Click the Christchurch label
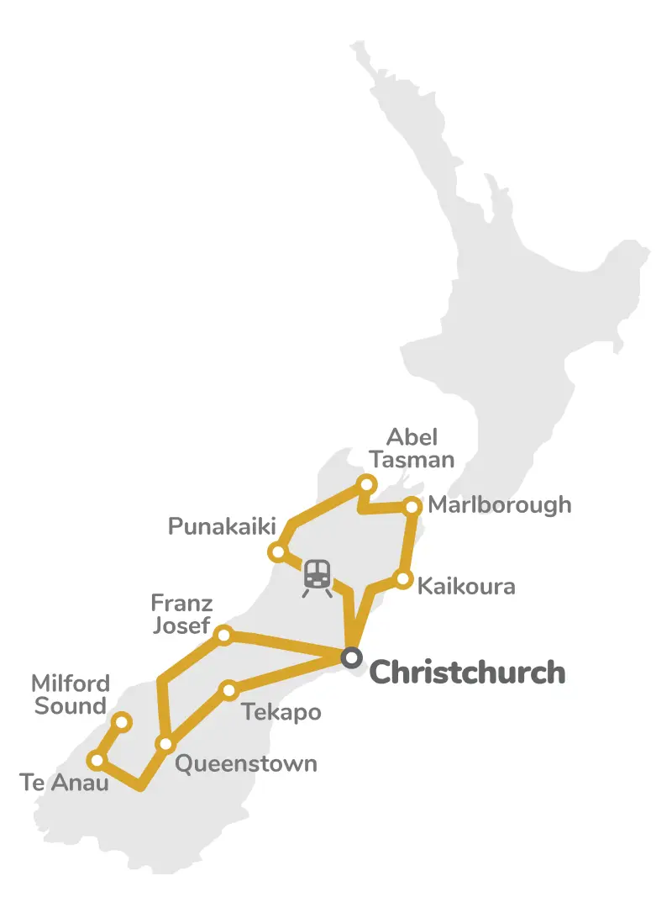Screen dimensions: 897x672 pos(467,673)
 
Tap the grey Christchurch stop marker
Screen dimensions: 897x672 pos(351,657)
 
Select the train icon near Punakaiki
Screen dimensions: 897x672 pos(317,578)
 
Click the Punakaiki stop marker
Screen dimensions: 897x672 pos(277,552)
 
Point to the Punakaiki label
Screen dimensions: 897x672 pos(222,527)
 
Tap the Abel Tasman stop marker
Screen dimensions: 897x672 pos(366,483)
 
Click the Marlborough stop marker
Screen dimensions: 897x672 pos(412,506)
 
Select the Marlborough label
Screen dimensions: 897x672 pos(499,504)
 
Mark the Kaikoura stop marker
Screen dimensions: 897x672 pos(403,579)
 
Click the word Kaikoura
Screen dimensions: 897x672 pos(466,585)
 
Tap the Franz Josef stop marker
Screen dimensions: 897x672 pos(224,635)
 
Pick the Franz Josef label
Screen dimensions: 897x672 pos(181,614)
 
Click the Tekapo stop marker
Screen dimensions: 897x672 pos(228,691)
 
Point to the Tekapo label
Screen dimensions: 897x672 pos(281,713)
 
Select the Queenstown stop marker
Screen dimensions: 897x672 pos(165,744)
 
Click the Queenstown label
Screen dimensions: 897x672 pos(245,763)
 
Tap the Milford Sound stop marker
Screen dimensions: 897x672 pos(122,722)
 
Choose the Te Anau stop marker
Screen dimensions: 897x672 pos(97,761)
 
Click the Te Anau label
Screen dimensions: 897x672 pos(64,784)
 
